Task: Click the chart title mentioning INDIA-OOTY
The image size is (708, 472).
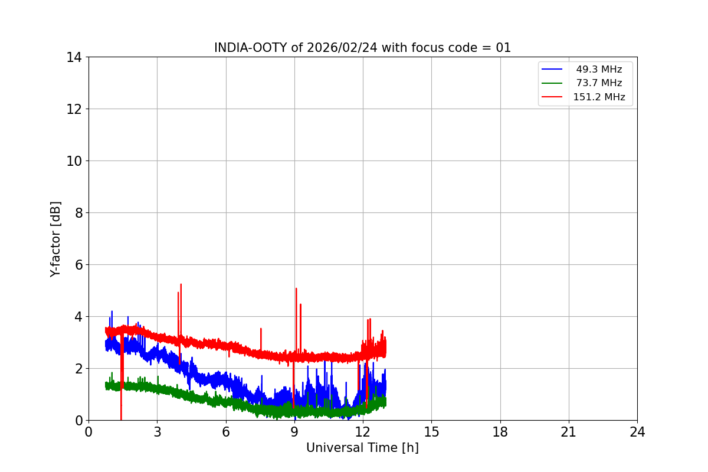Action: tap(362, 48)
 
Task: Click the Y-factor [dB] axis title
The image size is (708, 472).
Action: tap(55, 239)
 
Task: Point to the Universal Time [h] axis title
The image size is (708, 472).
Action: tap(362, 448)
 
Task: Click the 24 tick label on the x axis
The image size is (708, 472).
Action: tap(637, 432)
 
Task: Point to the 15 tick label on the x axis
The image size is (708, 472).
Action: tap(431, 432)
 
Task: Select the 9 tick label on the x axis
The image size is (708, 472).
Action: tap(294, 432)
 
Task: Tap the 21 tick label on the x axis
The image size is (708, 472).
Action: tap(569, 432)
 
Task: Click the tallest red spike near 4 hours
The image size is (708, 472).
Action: tap(181, 284)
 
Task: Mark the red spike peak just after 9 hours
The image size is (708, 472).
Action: tap(296, 289)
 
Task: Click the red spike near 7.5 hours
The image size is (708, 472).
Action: tap(261, 329)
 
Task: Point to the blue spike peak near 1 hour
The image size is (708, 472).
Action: tap(112, 312)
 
